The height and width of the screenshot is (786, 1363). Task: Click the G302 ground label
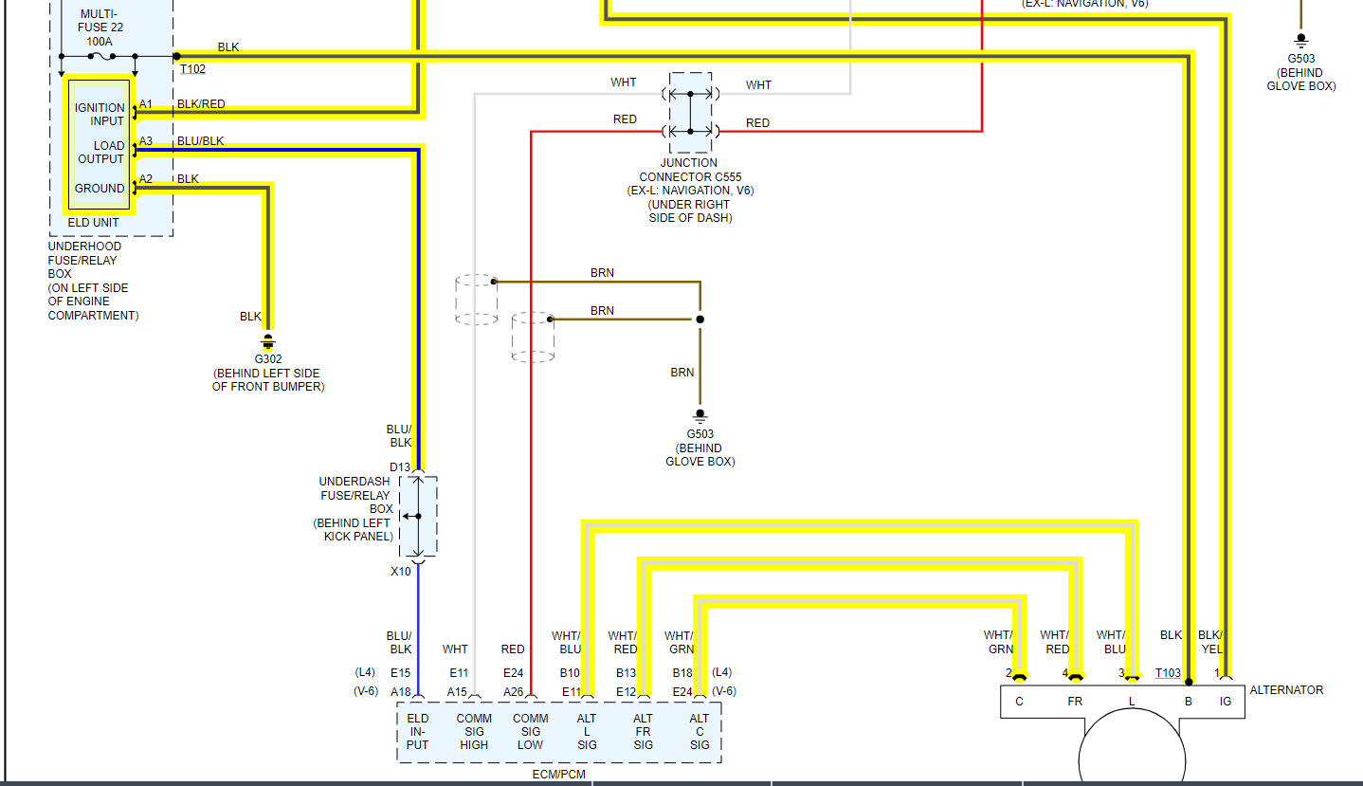(x=267, y=359)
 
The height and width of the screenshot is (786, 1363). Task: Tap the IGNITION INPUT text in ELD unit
(x=100, y=115)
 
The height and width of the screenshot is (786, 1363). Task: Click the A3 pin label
(x=146, y=141)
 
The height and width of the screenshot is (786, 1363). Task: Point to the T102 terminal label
(x=192, y=69)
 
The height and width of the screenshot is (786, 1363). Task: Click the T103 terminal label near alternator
(x=1168, y=673)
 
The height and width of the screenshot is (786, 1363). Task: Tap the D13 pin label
(x=400, y=467)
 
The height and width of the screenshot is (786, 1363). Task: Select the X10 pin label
(x=400, y=572)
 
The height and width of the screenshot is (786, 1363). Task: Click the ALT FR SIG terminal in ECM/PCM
(x=643, y=732)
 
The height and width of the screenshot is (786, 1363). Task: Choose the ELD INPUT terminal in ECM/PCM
(x=417, y=732)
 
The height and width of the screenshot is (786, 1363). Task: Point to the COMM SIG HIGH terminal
(x=474, y=732)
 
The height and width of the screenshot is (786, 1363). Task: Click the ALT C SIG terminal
(x=700, y=732)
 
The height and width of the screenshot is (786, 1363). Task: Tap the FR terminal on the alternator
(x=1075, y=703)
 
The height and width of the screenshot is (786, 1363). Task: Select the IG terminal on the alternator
(x=1225, y=703)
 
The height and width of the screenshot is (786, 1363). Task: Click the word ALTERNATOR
(x=1286, y=690)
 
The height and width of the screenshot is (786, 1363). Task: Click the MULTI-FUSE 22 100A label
(x=101, y=27)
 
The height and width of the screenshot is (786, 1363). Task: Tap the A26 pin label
(x=514, y=692)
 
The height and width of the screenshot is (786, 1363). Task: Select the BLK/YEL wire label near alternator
(x=1210, y=642)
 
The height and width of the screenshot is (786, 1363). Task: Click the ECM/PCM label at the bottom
(x=558, y=775)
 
